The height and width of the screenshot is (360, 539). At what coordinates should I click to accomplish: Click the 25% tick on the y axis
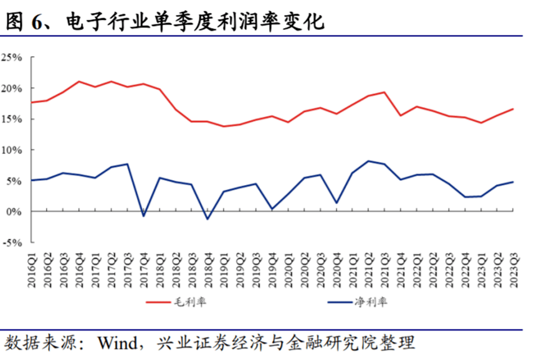click(x=12, y=57)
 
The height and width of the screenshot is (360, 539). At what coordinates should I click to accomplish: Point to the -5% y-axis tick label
click(x=12, y=243)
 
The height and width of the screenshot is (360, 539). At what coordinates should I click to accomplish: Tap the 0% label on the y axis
click(x=15, y=212)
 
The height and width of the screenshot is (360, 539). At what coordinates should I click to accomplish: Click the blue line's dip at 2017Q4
click(x=143, y=216)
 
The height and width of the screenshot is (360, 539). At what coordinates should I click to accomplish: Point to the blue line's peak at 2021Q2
click(x=368, y=161)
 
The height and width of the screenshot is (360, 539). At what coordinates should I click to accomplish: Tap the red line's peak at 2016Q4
click(x=79, y=82)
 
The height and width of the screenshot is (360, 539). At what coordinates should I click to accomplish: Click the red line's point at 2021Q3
click(x=384, y=92)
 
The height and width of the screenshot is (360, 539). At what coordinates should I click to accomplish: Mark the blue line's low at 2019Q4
click(x=272, y=209)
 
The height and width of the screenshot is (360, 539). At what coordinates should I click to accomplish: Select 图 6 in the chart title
click(x=24, y=23)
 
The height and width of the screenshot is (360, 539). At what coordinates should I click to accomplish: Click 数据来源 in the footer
click(x=37, y=342)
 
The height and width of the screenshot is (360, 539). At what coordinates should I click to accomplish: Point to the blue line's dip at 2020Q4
click(x=336, y=203)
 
